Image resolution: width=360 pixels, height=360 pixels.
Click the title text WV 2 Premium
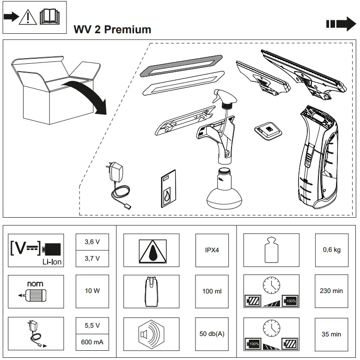click(x=112, y=30)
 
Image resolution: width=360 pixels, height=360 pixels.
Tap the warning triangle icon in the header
click(x=29, y=18)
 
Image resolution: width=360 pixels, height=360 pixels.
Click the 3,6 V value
click(x=92, y=242)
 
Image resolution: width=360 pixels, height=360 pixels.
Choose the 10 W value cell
click(x=92, y=292)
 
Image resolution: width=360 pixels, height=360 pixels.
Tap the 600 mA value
click(x=92, y=342)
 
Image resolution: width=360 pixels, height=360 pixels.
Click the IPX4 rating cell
click(x=212, y=250)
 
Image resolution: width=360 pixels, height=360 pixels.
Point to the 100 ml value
click(x=212, y=292)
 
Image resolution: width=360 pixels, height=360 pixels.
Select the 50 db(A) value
click(x=212, y=334)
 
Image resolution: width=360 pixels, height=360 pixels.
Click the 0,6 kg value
click(x=331, y=250)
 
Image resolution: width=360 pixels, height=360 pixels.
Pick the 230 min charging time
click(x=331, y=292)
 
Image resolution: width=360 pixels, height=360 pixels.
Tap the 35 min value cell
click(x=331, y=334)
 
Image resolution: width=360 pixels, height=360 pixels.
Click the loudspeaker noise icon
click(x=151, y=334)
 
